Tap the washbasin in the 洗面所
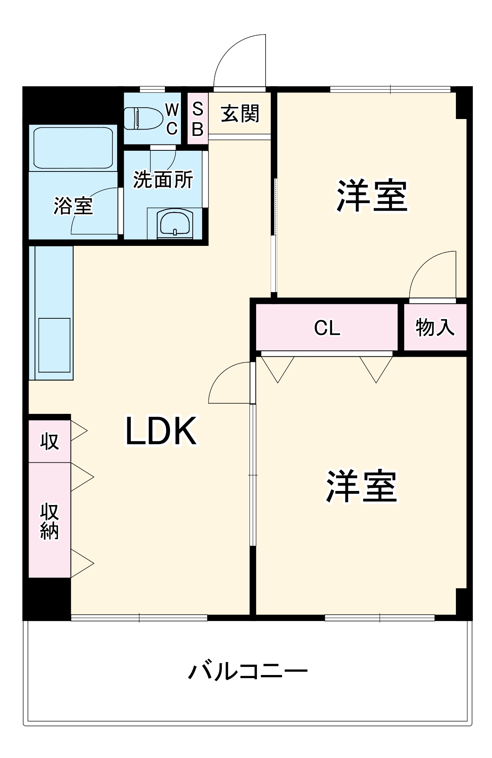click(x=175, y=224)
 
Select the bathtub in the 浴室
click(x=73, y=148)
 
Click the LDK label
click(x=161, y=431)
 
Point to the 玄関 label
click(x=240, y=114)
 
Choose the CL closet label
click(x=327, y=328)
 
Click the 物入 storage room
click(x=435, y=327)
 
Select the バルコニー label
click(x=248, y=671)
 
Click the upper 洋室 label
click(x=372, y=196)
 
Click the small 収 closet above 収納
click(x=49, y=441)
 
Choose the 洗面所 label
click(x=163, y=180)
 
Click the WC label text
click(x=172, y=119)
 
